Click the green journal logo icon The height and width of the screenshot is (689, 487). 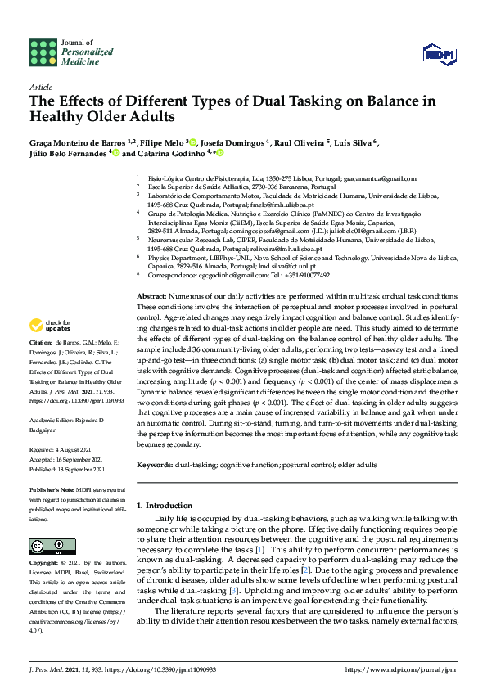[43, 52]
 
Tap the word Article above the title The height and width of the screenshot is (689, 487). [40, 86]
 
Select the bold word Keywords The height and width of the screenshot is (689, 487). [155, 465]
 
